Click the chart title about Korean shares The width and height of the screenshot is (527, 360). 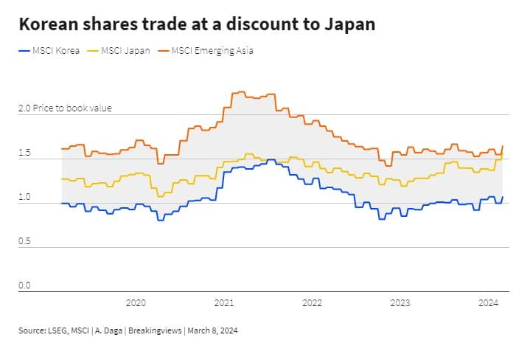(x=197, y=24)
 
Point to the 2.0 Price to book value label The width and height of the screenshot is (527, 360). (x=65, y=108)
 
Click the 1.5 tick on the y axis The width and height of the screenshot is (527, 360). (x=25, y=153)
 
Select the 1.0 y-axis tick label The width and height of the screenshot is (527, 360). (x=25, y=198)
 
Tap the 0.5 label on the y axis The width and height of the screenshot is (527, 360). (x=25, y=242)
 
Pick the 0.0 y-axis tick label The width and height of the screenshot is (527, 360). (x=25, y=285)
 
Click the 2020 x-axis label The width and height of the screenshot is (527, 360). (x=136, y=302)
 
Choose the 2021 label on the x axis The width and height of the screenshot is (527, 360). (x=224, y=302)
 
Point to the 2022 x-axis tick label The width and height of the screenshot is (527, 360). (x=312, y=302)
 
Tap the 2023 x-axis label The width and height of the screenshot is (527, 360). (x=400, y=302)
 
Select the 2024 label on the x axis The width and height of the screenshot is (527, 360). (x=488, y=302)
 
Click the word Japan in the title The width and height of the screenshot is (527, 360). (x=349, y=24)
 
